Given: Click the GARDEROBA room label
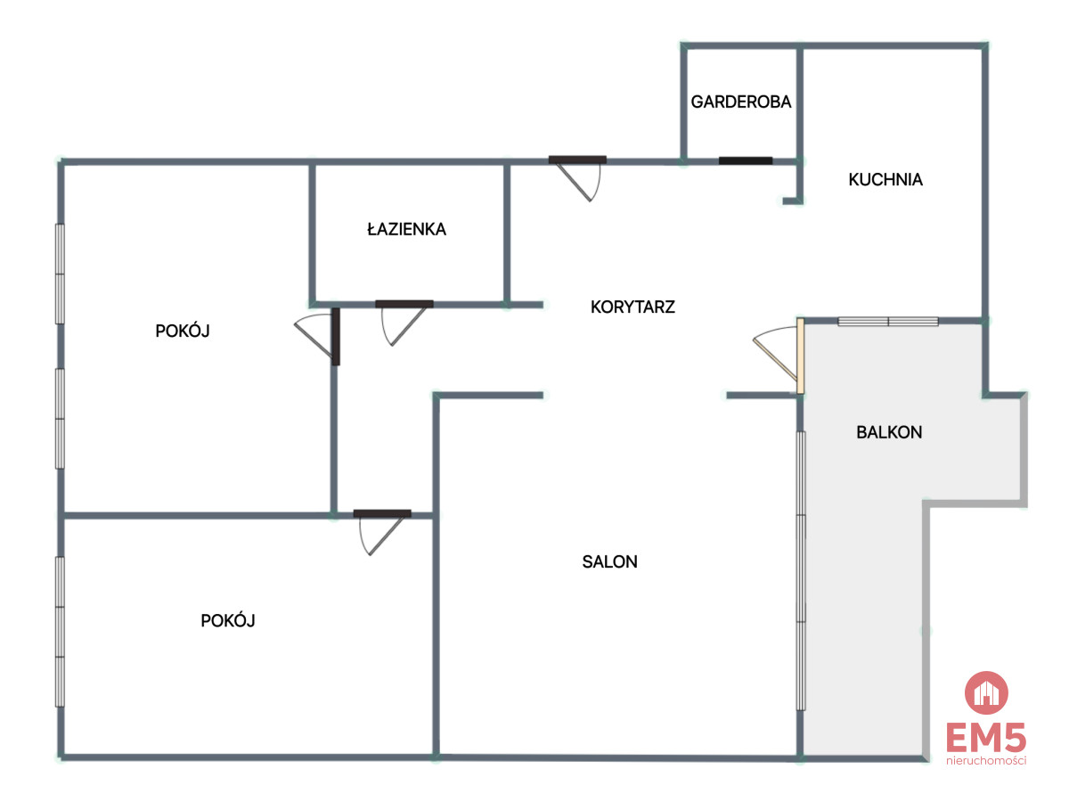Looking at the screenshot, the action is [x=740, y=102].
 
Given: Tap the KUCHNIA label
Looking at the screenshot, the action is [x=885, y=180].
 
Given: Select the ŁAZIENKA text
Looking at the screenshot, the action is [x=406, y=229].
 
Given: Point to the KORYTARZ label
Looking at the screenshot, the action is [x=632, y=307].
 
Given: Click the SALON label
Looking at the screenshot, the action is [x=609, y=561].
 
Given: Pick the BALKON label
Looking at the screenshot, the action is [x=889, y=432].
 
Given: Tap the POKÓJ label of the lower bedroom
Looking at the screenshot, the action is [x=227, y=620].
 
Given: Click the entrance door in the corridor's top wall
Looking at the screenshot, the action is [x=577, y=177].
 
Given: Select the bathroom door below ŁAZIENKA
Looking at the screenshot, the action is [x=404, y=322].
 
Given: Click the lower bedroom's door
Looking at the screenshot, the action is [x=382, y=532].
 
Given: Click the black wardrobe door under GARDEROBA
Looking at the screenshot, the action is [x=745, y=160].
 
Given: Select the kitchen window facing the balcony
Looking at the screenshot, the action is [x=888, y=322].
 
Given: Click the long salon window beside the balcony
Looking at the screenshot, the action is [x=801, y=570].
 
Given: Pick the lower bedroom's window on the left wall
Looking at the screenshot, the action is [x=60, y=631].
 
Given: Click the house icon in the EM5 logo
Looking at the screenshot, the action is [x=986, y=692].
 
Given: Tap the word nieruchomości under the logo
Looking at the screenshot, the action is [x=986, y=760].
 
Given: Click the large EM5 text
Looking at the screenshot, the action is [x=986, y=737].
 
